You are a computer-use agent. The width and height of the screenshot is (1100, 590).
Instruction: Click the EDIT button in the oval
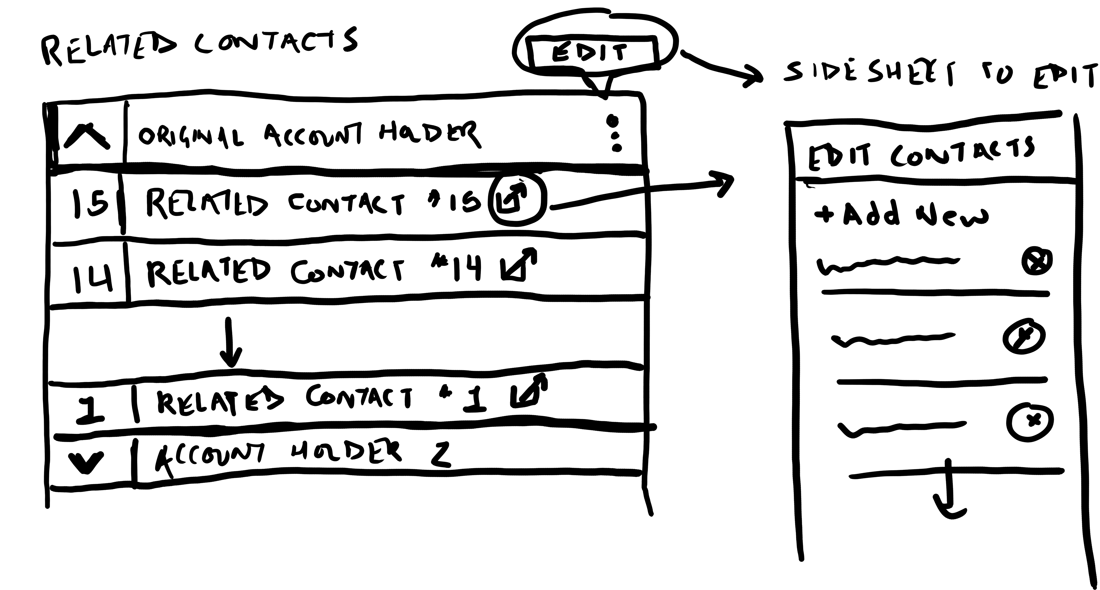click(x=592, y=53)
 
